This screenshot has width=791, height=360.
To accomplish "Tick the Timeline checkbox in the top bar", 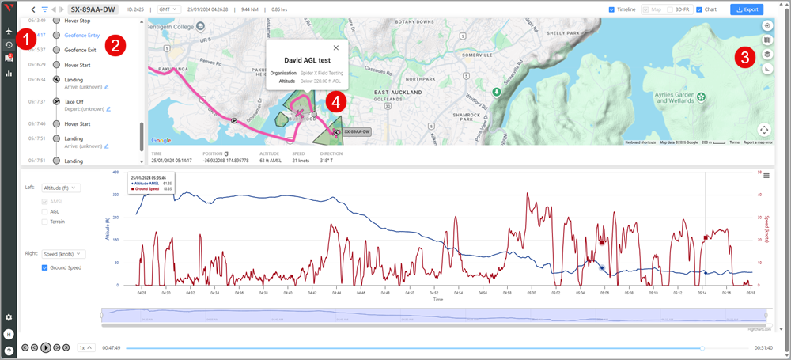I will [612, 9].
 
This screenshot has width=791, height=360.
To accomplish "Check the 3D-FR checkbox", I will [669, 9].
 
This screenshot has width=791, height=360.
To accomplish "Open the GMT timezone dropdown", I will [168, 9].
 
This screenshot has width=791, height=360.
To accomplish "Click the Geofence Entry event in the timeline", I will [86, 34].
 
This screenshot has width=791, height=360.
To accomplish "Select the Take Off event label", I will [74, 101].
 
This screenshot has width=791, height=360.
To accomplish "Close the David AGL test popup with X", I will [335, 47].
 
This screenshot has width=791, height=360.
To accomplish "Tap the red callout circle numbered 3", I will [744, 57].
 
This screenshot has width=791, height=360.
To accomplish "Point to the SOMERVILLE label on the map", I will [505, 55].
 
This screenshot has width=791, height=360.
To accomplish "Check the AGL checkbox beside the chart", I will [45, 211].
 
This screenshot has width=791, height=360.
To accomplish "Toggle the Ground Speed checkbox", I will [45, 267].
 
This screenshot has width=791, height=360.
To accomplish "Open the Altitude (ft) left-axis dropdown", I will [61, 188].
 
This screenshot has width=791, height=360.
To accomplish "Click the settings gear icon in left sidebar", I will [9, 317].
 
